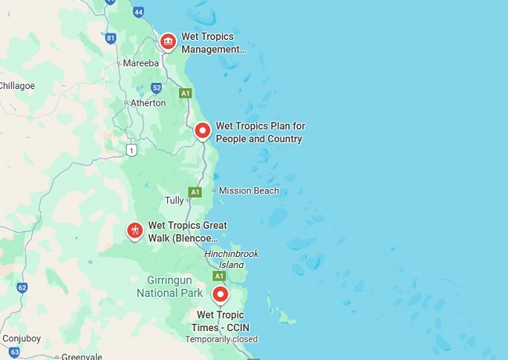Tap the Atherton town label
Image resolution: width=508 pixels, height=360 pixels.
tap(148, 103)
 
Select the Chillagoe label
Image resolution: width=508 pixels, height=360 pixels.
tap(16, 85)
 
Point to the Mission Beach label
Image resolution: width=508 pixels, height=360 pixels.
tap(249, 191)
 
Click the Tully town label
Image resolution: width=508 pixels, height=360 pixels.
tap(174, 201)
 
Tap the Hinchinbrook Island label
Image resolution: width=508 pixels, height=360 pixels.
tap(231, 259)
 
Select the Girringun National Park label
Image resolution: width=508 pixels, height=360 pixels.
tap(170, 287)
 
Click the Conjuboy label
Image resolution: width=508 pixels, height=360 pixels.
tap(21, 339)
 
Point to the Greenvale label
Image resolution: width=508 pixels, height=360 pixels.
tap(82, 356)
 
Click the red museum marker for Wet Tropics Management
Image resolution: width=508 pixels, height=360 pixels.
tap(167, 41)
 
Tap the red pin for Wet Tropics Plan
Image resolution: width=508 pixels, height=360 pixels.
tap(202, 130)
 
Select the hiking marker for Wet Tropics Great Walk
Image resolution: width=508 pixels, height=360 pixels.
tap(134, 231)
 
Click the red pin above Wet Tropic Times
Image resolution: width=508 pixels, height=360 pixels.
tap(220, 295)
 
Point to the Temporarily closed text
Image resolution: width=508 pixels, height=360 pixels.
tap(221, 340)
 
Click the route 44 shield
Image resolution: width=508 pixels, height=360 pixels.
tap(138, 12)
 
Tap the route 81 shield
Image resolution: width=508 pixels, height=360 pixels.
tap(110, 37)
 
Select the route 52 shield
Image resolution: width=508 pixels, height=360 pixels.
tap(157, 87)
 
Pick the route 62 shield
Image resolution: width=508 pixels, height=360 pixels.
tap(22, 288)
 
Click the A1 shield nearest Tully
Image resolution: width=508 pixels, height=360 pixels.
tap(195, 191)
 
